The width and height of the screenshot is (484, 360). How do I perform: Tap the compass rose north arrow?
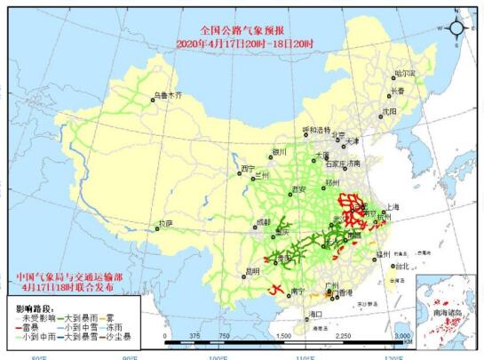pos(456,27)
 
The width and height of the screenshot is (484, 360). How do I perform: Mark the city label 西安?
pos(298,189)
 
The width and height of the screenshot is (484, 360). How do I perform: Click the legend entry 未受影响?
pos(37,316)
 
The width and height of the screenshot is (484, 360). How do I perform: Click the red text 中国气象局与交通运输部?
pos(71,276)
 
